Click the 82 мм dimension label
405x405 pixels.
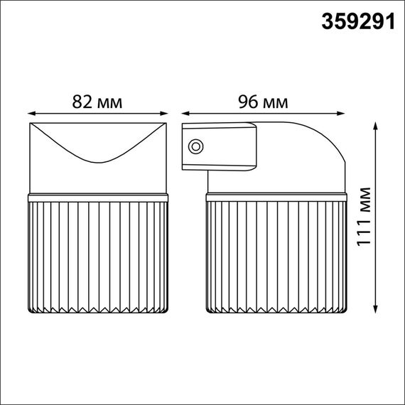coord(97,102)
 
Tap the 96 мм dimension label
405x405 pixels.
coord(264,102)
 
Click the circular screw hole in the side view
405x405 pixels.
coord(195,147)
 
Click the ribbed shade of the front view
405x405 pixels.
coord(98,256)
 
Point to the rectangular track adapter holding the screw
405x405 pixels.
coord(220,146)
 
